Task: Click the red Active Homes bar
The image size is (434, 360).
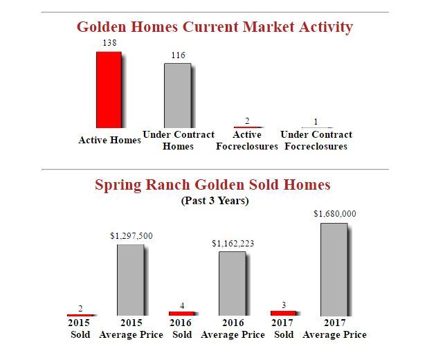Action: click(x=109, y=89)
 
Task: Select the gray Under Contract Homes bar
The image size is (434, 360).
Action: click(x=177, y=96)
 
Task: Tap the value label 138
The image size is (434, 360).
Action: click(x=109, y=43)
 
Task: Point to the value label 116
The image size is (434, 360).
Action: click(x=178, y=55)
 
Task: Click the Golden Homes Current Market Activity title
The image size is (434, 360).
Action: click(x=215, y=27)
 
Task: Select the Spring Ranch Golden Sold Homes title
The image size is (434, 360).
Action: click(x=213, y=185)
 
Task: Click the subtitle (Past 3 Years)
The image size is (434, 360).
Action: click(x=215, y=201)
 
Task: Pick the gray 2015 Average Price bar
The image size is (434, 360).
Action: click(x=131, y=280)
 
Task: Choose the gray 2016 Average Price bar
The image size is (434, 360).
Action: click(x=233, y=283)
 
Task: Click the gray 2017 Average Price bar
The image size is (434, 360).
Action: click(x=334, y=269)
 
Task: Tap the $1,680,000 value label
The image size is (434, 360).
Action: click(x=335, y=214)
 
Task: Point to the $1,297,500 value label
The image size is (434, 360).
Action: click(x=132, y=236)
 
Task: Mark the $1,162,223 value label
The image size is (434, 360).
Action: click(x=233, y=243)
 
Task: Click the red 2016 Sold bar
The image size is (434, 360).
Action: click(x=181, y=314)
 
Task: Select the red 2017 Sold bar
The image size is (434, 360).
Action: click(x=283, y=313)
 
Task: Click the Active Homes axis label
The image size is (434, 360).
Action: click(x=109, y=140)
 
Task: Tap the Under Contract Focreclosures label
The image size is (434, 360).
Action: click(x=316, y=141)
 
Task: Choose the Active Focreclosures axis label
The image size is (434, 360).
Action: click(x=246, y=141)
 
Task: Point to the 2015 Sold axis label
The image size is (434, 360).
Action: click(x=80, y=328)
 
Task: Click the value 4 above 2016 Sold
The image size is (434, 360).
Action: click(x=182, y=305)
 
